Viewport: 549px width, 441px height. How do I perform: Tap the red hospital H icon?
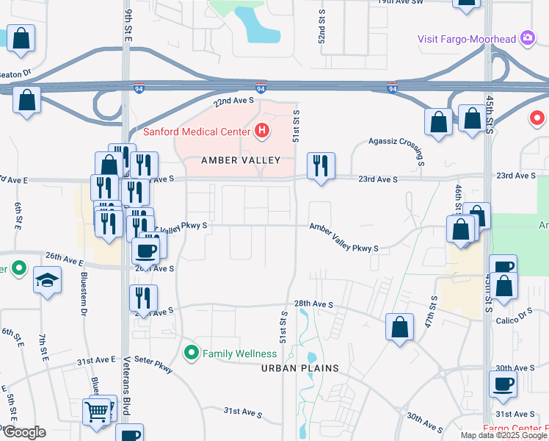[262, 132]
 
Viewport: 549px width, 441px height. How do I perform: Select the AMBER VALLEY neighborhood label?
[241, 160]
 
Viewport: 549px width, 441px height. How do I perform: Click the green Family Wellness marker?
[192, 354]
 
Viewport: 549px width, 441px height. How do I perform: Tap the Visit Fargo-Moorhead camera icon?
[527, 37]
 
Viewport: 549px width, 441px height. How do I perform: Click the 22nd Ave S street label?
[233, 101]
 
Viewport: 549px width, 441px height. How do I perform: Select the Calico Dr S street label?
[515, 311]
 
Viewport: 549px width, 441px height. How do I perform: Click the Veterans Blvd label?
[126, 381]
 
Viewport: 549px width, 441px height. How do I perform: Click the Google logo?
[23, 431]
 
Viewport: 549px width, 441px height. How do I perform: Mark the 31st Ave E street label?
[97, 359]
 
